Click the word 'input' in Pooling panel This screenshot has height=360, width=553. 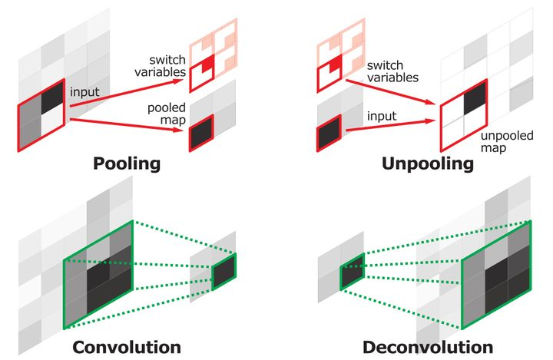[x=84, y=91]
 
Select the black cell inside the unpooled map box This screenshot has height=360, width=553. [x=474, y=97]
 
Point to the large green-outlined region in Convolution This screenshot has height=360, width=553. [x=99, y=272]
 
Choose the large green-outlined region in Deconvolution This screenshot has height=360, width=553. [x=495, y=272]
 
